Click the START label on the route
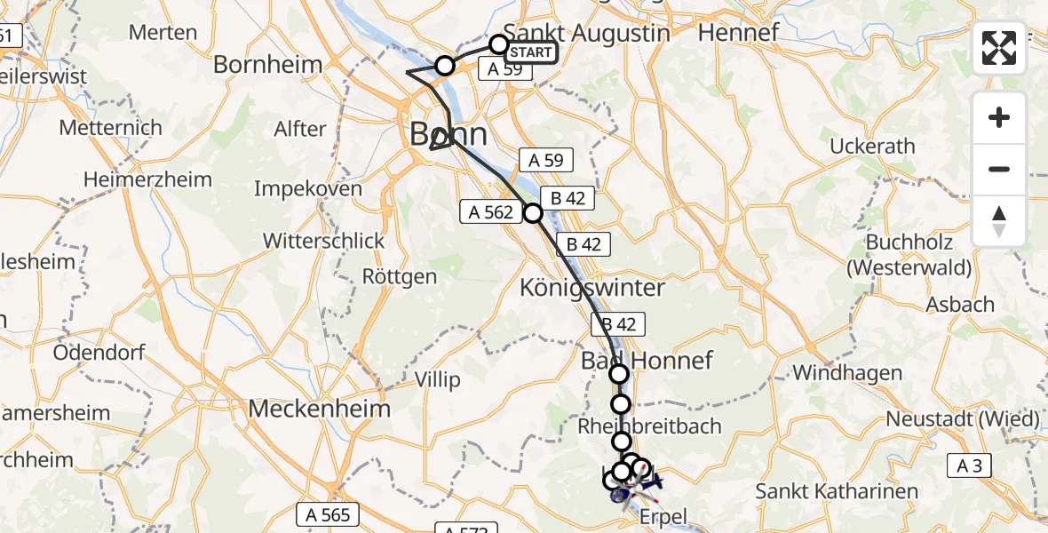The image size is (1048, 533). coord(531,53)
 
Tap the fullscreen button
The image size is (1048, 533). coord(999,48)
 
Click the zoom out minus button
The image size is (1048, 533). coord(999,169)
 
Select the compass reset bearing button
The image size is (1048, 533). coord(999,221)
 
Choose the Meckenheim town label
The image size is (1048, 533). coord(320,409)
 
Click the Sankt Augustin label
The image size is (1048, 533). coord(586,34)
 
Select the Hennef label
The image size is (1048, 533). coord(738,34)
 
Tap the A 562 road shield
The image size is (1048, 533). coord(487,211)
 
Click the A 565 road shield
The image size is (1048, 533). coord(328,514)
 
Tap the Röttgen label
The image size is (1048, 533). coord(400,276)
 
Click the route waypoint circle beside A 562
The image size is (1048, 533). coord(533,213)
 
